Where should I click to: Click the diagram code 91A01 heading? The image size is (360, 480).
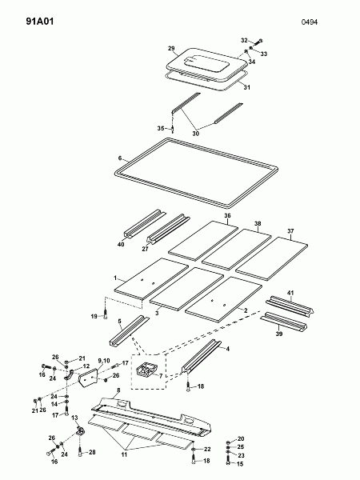click(x=40, y=22)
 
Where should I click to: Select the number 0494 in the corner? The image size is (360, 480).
click(x=310, y=22)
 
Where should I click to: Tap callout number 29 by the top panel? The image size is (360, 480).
click(x=171, y=48)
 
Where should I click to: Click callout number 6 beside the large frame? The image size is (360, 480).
click(x=120, y=158)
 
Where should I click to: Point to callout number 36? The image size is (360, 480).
click(x=227, y=215)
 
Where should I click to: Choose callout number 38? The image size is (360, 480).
click(x=258, y=223)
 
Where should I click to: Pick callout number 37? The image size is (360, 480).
click(x=290, y=230)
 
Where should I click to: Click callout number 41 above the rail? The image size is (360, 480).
click(x=290, y=293)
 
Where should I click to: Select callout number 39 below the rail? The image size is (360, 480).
click(x=279, y=334)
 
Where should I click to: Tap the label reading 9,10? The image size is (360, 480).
click(x=104, y=361)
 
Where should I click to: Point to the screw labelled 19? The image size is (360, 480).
click(x=106, y=314)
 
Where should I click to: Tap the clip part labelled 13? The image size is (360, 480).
click(x=81, y=430)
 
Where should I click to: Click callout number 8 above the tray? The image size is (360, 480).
click(x=118, y=390)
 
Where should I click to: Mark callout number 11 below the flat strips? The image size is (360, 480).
click(x=124, y=454)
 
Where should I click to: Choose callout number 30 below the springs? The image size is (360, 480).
click(x=196, y=134)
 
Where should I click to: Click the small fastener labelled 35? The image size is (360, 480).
click(x=173, y=129)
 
